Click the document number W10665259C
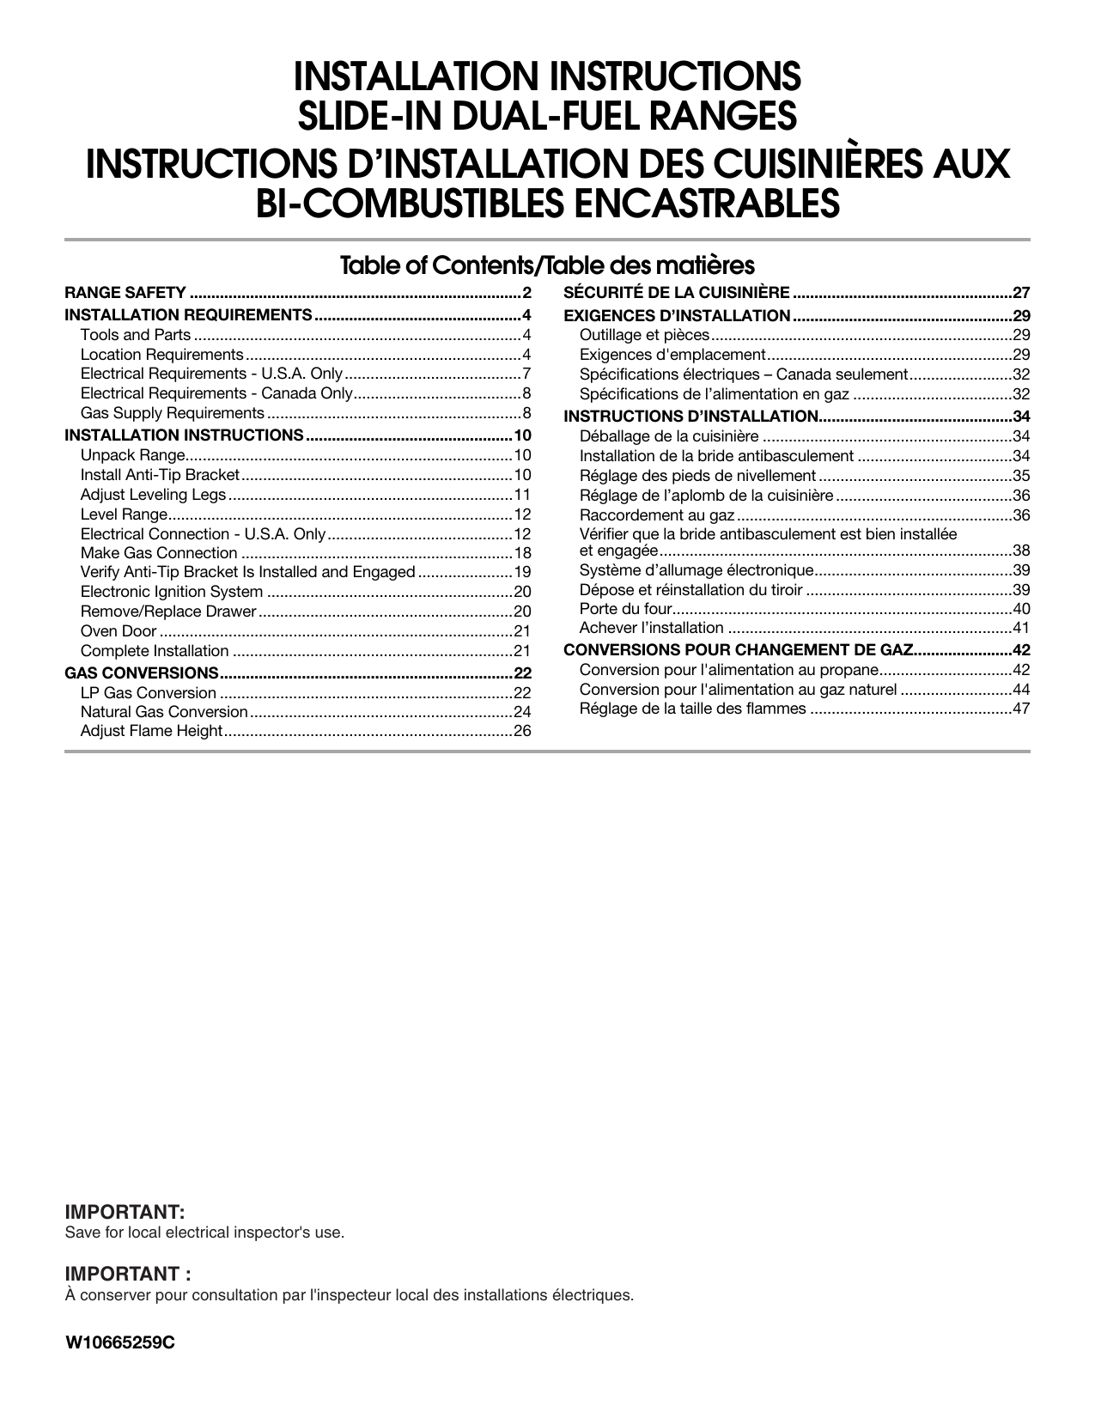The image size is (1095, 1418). pyautogui.click(x=120, y=1342)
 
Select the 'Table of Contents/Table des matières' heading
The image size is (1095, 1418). pyautogui.click(x=547, y=265)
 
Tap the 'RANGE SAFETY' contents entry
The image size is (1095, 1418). pyautogui.click(x=125, y=293)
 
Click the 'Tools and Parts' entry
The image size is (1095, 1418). pyautogui.click(x=136, y=335)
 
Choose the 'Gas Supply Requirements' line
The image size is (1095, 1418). pyautogui.click(x=172, y=413)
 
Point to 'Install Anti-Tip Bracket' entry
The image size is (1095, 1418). pyautogui.click(x=160, y=475)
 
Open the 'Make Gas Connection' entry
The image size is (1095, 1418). pyautogui.click(x=159, y=553)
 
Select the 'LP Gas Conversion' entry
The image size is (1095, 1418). pyautogui.click(x=149, y=693)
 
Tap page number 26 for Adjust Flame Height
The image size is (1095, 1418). pyautogui.click(x=522, y=732)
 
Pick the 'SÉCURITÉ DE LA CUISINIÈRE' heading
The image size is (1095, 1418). pyautogui.click(x=677, y=293)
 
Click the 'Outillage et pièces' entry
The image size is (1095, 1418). pyautogui.click(x=644, y=335)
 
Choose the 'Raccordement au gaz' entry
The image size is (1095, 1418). pyautogui.click(x=657, y=515)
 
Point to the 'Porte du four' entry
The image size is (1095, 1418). pyautogui.click(x=624, y=609)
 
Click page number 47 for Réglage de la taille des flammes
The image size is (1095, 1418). pyautogui.click(x=1020, y=709)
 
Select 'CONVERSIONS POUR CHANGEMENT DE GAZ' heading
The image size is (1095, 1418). pyautogui.click(x=739, y=650)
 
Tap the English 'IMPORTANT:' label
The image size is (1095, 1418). pyautogui.click(x=125, y=1212)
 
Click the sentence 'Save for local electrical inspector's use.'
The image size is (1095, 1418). pyautogui.click(x=204, y=1232)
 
